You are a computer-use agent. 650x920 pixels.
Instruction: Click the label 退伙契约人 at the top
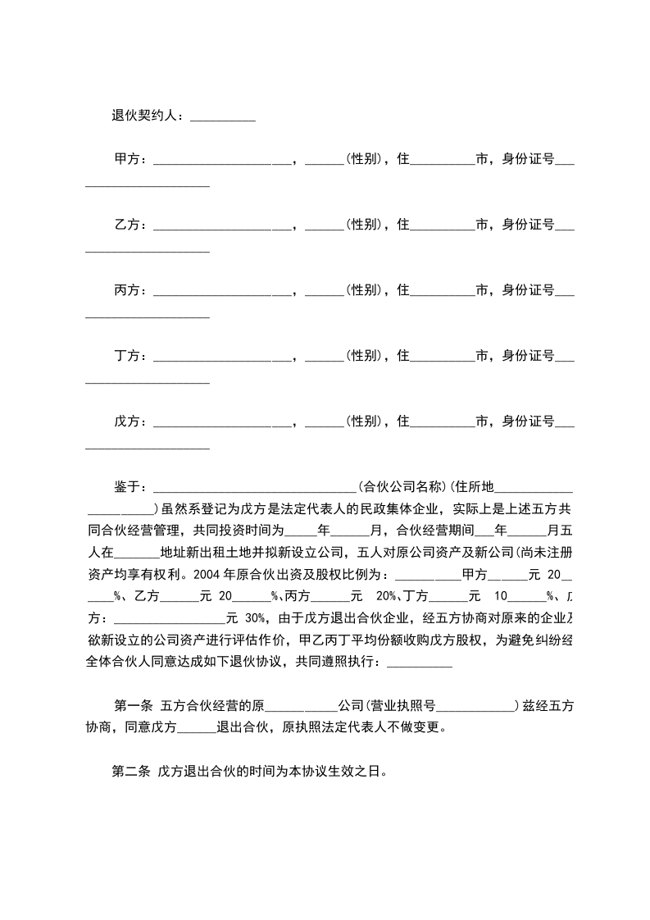click(148, 116)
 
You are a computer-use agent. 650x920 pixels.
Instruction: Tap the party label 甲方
click(127, 159)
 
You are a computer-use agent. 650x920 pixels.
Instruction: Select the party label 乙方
click(127, 225)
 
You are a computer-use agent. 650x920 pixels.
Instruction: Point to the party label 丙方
click(127, 290)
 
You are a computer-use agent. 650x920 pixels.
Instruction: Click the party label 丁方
click(127, 356)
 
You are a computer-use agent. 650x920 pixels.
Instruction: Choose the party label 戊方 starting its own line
click(127, 421)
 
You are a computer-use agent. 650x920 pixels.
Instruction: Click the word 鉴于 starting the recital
click(127, 486)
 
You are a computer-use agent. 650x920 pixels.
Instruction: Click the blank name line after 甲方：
click(222, 161)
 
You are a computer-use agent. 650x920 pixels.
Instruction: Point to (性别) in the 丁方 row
click(361, 356)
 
